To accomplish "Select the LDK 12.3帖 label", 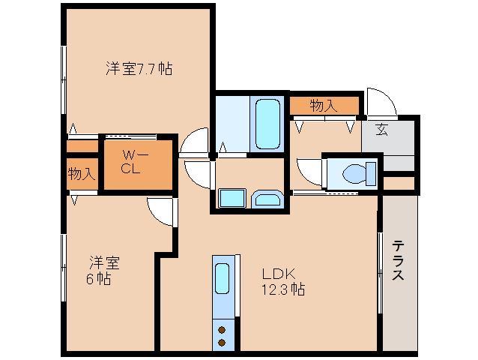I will [282, 281].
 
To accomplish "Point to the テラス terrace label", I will [398, 259].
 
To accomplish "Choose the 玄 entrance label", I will [381, 129].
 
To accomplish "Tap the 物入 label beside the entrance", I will [323, 106].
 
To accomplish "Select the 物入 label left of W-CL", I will [81, 174].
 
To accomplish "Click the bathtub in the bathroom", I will [265, 122].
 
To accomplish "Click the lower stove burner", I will [223, 342].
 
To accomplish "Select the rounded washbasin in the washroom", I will [266, 199].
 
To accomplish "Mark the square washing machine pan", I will [230, 198].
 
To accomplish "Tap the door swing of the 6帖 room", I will [160, 211].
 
